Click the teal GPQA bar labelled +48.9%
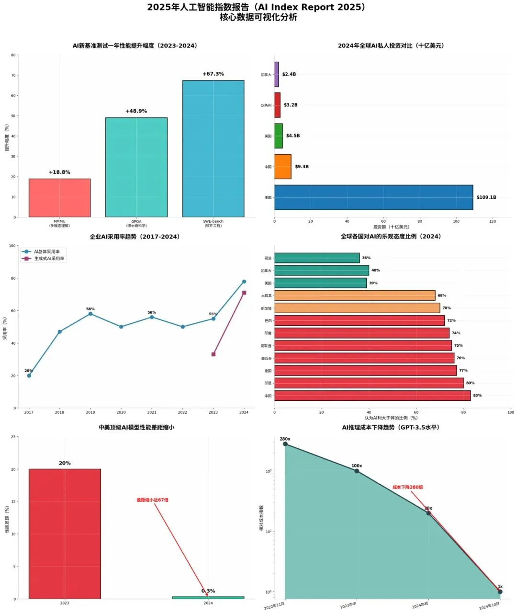136,168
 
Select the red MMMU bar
59,198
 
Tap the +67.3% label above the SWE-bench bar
213,74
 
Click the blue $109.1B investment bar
373,197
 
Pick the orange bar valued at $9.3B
283,167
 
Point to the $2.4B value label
289,74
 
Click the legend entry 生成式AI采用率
49,259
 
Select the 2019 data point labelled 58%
90,314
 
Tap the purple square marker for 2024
244,293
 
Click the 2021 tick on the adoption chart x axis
152,412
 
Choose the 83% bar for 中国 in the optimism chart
372,396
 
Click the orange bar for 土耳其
354,295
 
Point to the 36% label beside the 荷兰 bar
366,258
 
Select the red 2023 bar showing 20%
65,534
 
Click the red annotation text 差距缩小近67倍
152,500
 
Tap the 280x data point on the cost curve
285,444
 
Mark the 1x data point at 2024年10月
500,592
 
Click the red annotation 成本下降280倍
407,487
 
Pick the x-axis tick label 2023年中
349,605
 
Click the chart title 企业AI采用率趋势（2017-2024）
135,237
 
